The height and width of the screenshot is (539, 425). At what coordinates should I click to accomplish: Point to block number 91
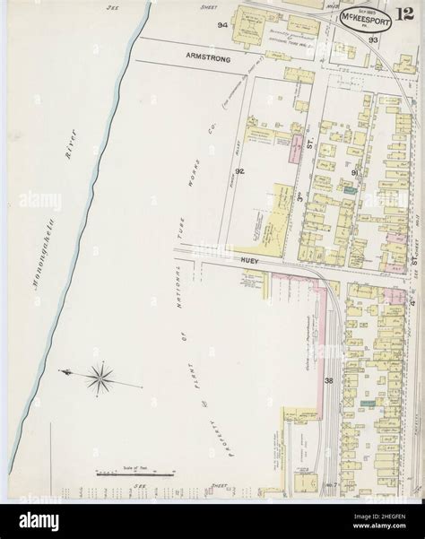(x=355, y=171)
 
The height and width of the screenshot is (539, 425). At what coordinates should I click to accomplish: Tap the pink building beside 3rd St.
(x=294, y=151)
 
